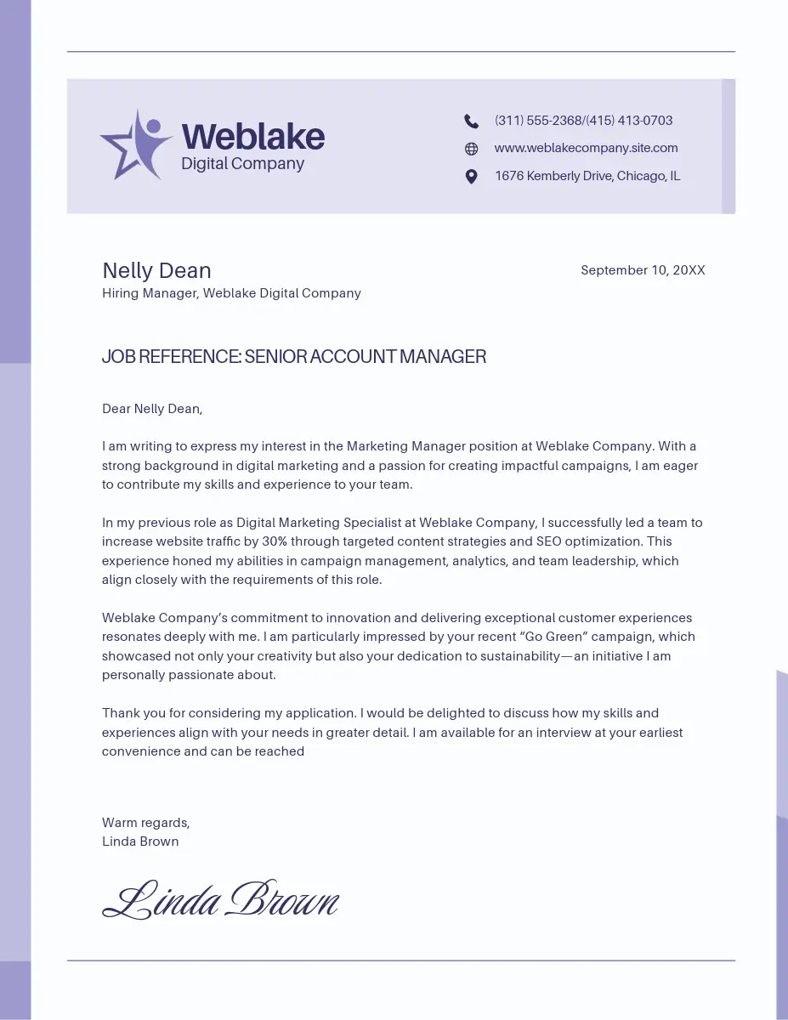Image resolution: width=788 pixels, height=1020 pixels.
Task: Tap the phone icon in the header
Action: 472,121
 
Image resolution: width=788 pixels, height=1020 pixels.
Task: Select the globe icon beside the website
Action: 472,149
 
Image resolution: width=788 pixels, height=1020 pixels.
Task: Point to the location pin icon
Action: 472,177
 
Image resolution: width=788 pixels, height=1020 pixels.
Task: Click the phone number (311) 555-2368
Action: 538,121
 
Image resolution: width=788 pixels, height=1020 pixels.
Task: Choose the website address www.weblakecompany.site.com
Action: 586,148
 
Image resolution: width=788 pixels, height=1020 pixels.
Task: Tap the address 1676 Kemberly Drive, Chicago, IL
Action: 587,176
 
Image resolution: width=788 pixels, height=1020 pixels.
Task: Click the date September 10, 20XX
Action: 643,270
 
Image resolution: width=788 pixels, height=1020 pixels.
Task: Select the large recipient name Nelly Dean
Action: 156,270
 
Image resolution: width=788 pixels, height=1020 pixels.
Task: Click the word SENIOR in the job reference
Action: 275,357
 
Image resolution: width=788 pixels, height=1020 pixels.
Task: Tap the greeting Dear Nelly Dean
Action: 152,409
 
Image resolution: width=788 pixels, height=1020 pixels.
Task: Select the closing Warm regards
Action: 145,823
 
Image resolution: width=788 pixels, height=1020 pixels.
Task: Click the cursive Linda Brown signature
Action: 220,900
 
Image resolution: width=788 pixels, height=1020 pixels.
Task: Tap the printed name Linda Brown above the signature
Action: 140,841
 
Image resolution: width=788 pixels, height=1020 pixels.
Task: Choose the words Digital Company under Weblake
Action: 242,164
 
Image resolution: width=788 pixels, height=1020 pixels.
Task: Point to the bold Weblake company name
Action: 252,136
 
